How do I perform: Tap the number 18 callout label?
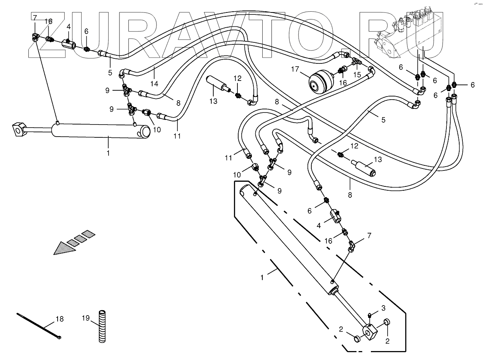(x=59, y=319)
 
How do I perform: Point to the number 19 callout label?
(x=86, y=318)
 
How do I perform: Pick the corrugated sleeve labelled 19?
(x=102, y=326)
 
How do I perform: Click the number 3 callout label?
(x=383, y=308)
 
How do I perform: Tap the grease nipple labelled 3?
(x=370, y=314)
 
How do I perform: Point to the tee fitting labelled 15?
(x=356, y=61)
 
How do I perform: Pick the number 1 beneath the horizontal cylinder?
(x=108, y=153)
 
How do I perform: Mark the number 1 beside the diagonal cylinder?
(x=262, y=277)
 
